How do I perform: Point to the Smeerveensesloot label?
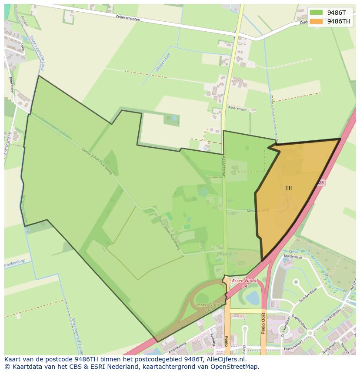click(x=55, y=127)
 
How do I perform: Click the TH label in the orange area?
click(x=289, y=188)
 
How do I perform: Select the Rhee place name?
click(x=222, y=254)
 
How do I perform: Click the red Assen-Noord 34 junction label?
click(x=244, y=283)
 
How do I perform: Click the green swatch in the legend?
click(x=316, y=13)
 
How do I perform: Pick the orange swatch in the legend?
click(x=316, y=21)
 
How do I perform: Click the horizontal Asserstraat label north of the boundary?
click(x=236, y=110)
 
